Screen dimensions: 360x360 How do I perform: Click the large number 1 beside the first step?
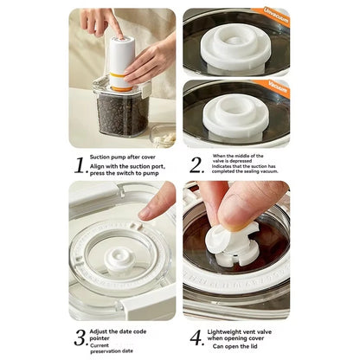80,164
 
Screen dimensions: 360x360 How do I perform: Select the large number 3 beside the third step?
80,337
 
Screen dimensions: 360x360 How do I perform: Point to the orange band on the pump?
121,85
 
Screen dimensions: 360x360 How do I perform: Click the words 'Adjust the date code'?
127,330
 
